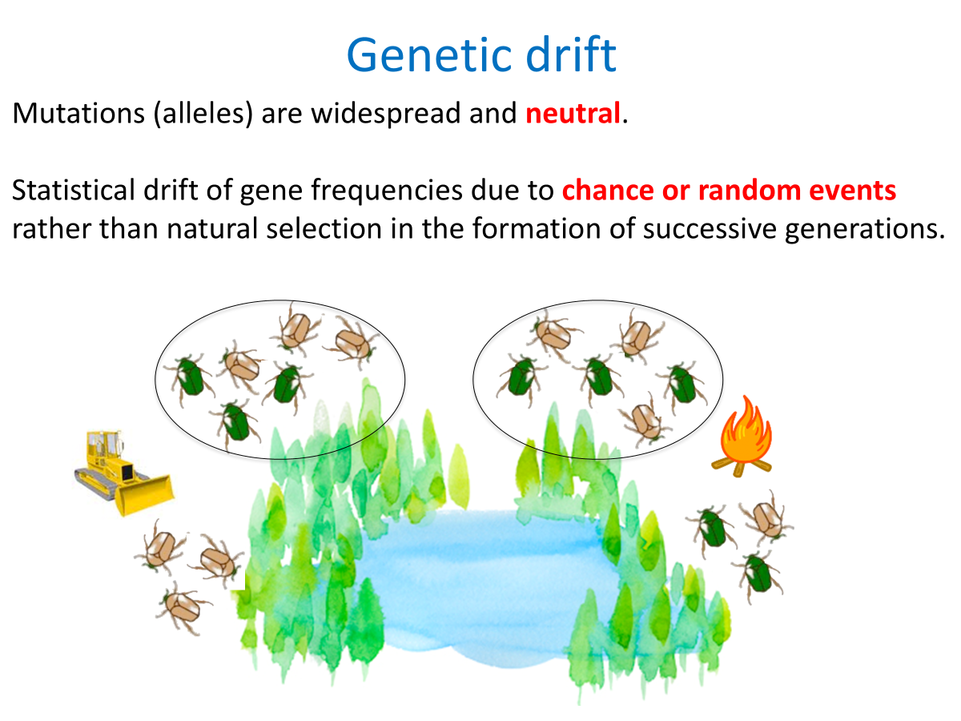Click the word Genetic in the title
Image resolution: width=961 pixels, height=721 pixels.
pyautogui.click(x=429, y=56)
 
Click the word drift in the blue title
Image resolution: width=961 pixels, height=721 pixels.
pyautogui.click(x=570, y=54)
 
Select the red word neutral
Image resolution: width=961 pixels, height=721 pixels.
pyautogui.click(x=573, y=113)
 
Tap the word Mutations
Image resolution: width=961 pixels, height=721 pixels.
pyautogui.click(x=78, y=113)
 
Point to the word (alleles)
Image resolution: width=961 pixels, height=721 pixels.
pyautogui.click(x=203, y=114)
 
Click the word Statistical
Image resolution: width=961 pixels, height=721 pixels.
pyautogui.click(x=73, y=190)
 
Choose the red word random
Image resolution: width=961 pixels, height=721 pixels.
pyautogui.click(x=749, y=190)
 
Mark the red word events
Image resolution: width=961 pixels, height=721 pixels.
pyautogui.click(x=852, y=191)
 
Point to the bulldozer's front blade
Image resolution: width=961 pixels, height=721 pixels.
pyautogui.click(x=145, y=494)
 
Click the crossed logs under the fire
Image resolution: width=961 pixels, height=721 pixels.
pyautogui.click(x=742, y=467)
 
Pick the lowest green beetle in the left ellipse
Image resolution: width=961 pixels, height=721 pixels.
pyautogui.click(x=236, y=422)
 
